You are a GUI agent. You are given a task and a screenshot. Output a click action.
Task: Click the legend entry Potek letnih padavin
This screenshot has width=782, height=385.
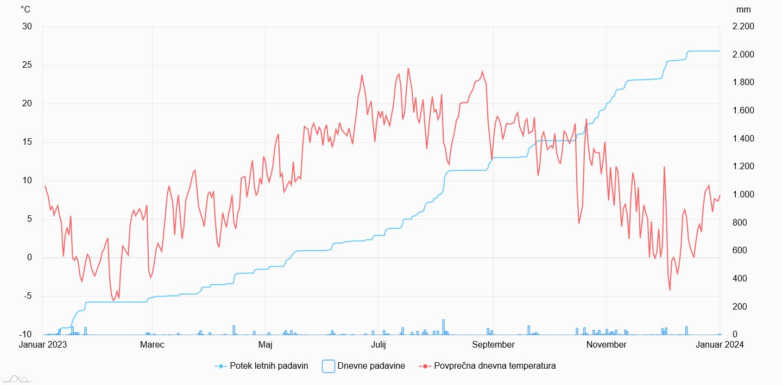coord(269,366)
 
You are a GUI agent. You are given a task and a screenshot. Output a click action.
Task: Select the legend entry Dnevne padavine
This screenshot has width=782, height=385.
coord(371,366)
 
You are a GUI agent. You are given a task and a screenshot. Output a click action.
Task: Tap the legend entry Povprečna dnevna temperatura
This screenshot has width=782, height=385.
coord(495,366)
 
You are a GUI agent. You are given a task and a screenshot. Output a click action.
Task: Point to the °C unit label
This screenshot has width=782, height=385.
coord(26,9)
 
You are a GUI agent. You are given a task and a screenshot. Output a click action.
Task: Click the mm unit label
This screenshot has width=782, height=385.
coord(743,10)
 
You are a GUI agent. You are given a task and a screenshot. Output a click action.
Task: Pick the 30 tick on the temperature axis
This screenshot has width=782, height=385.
coord(27,27)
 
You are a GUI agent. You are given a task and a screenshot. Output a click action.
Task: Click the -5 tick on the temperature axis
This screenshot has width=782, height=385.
coord(27,296)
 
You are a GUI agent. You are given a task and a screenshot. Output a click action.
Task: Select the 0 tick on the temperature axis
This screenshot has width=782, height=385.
coord(29,258)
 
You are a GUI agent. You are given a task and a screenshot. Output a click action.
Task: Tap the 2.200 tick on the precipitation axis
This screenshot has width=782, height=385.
coord(743,27)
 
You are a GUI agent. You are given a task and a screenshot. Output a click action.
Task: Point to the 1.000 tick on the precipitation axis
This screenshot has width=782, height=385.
coord(743,195)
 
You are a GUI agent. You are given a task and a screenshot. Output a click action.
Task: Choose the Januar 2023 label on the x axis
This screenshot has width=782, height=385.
coord(43,344)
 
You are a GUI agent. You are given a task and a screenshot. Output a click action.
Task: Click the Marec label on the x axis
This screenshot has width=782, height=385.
coord(152,344)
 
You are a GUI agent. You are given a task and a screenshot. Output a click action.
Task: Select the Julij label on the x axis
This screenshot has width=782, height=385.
coord(379,344)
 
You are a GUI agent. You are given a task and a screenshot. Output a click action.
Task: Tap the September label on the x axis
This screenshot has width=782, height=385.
coord(493,344)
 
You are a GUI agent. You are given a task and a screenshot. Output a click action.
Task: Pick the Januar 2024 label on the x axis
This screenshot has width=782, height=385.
coord(720,344)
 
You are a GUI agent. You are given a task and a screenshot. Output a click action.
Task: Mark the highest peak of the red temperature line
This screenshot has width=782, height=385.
coord(408,68)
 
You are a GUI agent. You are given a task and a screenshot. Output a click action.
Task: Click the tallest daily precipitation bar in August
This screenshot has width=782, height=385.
coord(443,327)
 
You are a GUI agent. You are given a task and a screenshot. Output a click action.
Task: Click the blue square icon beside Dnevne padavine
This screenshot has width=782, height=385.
coord(328,366)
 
